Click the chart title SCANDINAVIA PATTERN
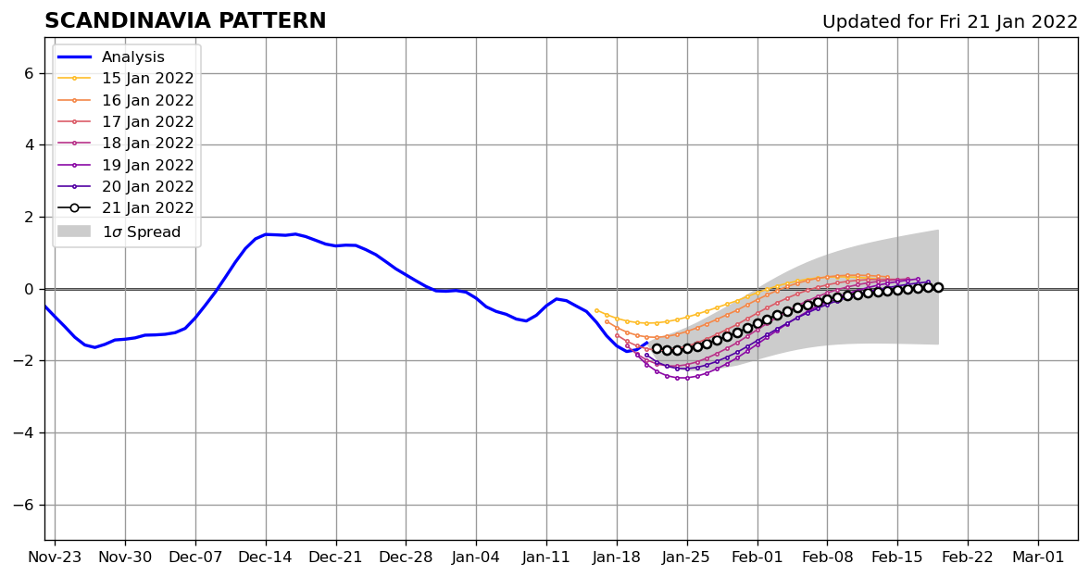[185, 21]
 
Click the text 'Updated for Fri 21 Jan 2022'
[949, 22]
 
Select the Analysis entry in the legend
[133, 57]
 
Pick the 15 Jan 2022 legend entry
[147, 79]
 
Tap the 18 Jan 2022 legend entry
[147, 144]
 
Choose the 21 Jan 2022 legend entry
[147, 208]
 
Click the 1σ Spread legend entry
[141, 232]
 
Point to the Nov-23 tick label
[55, 558]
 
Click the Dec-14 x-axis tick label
[266, 558]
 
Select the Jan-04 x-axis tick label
[476, 558]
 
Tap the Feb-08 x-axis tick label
[827, 558]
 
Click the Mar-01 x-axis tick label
[1038, 558]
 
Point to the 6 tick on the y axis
[29, 73]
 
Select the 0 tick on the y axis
[29, 289]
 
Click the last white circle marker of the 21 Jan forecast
[938, 287]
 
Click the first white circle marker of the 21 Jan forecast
[657, 349]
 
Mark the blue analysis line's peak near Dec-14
[267, 234]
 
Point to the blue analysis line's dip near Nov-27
[94, 347]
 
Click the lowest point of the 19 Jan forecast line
[678, 378]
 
